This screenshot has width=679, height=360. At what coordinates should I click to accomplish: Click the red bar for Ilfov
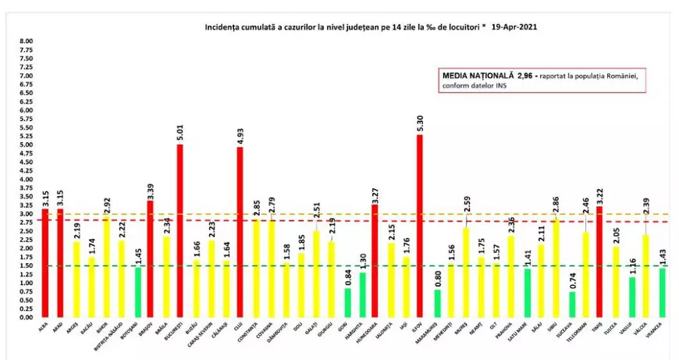click(419, 226)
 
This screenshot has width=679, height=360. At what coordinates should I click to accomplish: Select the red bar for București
click(180, 231)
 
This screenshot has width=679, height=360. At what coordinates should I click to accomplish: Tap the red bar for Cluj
click(240, 233)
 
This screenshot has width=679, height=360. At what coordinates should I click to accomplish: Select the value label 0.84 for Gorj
click(347, 278)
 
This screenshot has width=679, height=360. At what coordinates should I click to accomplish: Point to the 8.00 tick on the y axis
click(27, 41)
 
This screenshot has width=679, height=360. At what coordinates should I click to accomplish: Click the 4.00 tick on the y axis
click(27, 180)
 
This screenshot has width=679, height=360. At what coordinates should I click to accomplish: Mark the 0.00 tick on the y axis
click(27, 317)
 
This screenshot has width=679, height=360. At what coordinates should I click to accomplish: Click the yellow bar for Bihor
click(105, 267)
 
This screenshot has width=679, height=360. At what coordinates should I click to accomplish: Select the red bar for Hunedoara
click(375, 266)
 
